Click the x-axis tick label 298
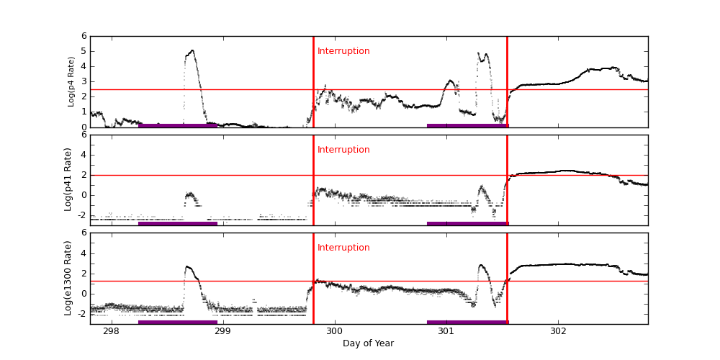coord(111,330)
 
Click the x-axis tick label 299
coord(222,330)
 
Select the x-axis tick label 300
coord(334,330)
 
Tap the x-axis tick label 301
coord(446,330)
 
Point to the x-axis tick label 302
coord(558,330)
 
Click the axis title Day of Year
coord(368,343)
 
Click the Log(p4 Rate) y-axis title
coord(71,81)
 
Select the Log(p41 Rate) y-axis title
coord(68,179)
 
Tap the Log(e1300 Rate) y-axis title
coord(68,278)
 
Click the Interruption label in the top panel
coord(343,51)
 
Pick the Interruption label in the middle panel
coord(343,150)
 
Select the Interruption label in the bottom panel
coord(343,248)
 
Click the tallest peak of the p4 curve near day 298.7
coord(192,51)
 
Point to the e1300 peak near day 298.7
coord(187,267)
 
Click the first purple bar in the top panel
coord(177,125)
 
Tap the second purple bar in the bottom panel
coord(467,323)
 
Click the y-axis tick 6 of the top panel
coord(84,36)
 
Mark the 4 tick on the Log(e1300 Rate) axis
coord(84,253)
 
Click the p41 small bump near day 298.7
coord(190,194)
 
